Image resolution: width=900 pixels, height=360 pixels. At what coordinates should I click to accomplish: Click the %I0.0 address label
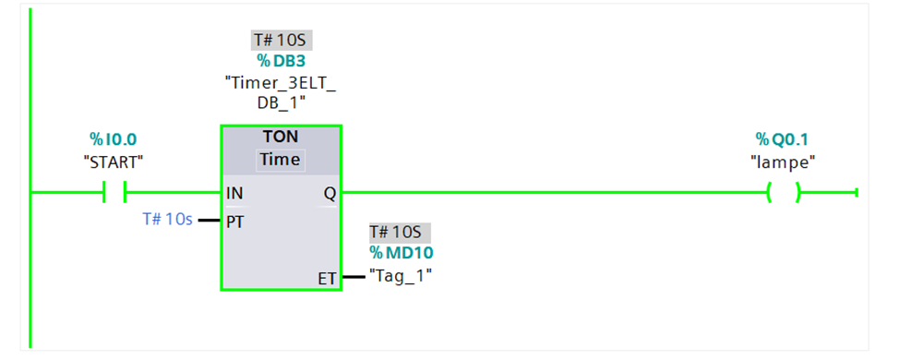tap(113, 139)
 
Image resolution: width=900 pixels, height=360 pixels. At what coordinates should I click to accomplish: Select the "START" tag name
tap(113, 162)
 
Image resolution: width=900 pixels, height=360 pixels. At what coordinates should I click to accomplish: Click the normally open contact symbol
tap(114, 192)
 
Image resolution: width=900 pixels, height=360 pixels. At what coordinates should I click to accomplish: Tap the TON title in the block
tap(281, 137)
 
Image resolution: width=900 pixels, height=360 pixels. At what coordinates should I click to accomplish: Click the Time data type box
tap(280, 160)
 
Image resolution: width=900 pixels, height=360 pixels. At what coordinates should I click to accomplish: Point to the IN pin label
tap(234, 194)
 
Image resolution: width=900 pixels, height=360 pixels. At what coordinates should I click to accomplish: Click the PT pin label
tap(234, 222)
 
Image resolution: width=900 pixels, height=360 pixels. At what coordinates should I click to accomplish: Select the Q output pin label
tap(330, 194)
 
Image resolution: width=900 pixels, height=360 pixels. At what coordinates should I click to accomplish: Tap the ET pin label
tap(327, 279)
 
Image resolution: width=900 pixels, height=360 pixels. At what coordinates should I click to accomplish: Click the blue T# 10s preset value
tap(167, 220)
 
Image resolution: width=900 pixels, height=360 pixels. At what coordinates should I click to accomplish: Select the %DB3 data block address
tap(282, 60)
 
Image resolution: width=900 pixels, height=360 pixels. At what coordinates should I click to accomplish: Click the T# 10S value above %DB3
tap(282, 41)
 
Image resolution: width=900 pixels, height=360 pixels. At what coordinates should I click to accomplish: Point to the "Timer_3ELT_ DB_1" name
tap(281, 92)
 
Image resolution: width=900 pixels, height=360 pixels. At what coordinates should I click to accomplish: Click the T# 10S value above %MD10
tap(400, 233)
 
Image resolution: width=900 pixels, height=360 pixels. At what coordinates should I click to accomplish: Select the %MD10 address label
tap(402, 253)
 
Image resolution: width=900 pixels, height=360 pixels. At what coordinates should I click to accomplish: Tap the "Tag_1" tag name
tap(401, 276)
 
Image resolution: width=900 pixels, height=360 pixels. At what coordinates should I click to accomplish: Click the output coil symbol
tap(784, 192)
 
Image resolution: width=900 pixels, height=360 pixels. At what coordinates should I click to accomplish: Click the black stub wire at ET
tap(354, 277)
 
